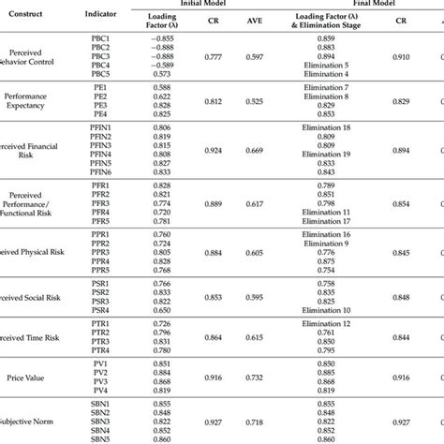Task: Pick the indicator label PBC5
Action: [x=101, y=73]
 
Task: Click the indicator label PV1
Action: [x=101, y=363]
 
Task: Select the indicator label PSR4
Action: [x=101, y=309]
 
